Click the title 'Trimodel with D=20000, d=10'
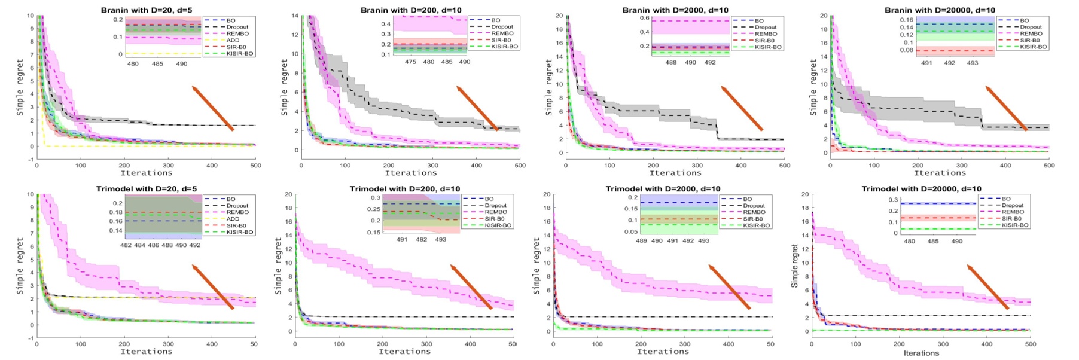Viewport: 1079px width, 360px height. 921,188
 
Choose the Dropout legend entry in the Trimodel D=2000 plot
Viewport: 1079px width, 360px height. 754,206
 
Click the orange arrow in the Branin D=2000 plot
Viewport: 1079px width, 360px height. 742,108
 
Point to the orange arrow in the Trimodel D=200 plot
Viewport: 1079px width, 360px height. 471,287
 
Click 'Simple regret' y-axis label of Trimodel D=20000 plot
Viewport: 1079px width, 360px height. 795,266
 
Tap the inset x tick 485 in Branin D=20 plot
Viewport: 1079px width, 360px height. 157,63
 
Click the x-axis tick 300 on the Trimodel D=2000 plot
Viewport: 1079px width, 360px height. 685,344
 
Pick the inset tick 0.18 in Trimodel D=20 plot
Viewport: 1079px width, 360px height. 115,212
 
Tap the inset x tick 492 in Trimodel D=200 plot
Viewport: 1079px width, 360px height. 422,239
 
